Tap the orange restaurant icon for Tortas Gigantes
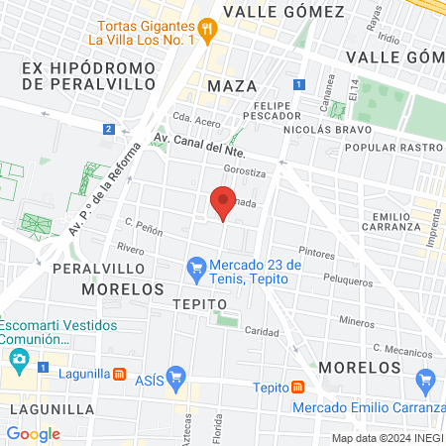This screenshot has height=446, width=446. click(x=206, y=29)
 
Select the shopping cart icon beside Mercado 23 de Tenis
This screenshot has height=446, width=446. click(x=196, y=267)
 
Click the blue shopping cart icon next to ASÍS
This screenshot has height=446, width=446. click(x=177, y=376)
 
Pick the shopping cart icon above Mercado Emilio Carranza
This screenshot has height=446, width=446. click(x=426, y=379)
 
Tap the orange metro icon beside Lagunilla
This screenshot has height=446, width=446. click(x=119, y=375)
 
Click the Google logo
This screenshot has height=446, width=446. click(x=33, y=434)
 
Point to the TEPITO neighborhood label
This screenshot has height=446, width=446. click(x=194, y=303)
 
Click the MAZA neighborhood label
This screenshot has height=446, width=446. click(x=232, y=86)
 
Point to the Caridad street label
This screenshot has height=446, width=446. click(x=262, y=332)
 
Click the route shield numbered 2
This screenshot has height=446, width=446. click(x=107, y=129)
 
